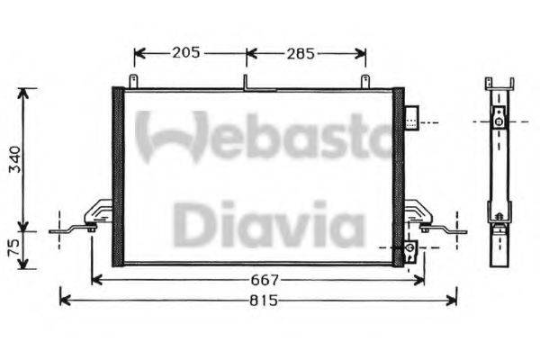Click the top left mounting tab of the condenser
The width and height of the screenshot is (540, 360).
tap(134, 82)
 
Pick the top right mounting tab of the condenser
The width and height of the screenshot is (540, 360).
tap(366, 82)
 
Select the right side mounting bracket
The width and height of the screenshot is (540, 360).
tap(423, 216)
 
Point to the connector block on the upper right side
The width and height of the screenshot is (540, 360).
tap(411, 118)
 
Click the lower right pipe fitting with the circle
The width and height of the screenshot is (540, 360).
tap(410, 247)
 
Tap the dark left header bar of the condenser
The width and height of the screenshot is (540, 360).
tap(117, 176)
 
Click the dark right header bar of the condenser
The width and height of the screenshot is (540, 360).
tap(398, 176)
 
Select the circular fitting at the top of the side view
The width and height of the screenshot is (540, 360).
tap(498, 121)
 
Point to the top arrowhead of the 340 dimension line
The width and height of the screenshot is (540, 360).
tap(27, 92)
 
